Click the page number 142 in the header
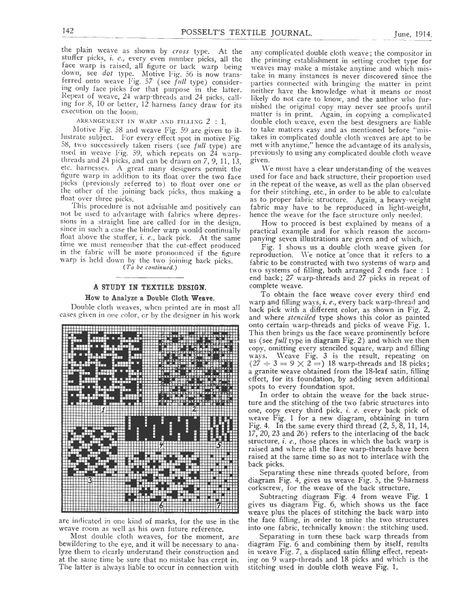coord(67,31)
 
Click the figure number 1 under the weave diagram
coord(103,410)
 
